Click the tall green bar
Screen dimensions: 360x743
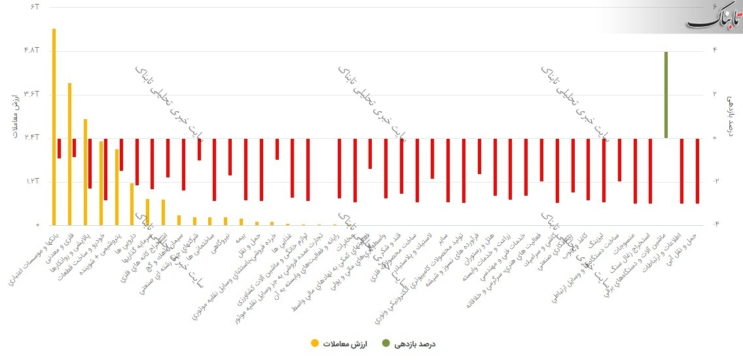[x=666, y=95]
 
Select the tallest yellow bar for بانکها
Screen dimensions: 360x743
[x=54, y=124]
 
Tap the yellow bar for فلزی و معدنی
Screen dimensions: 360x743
[x=69, y=154]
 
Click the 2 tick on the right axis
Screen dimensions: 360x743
[x=714, y=94]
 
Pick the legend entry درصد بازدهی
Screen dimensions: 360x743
[x=412, y=343]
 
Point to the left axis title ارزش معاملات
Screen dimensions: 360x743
[x=13, y=115]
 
